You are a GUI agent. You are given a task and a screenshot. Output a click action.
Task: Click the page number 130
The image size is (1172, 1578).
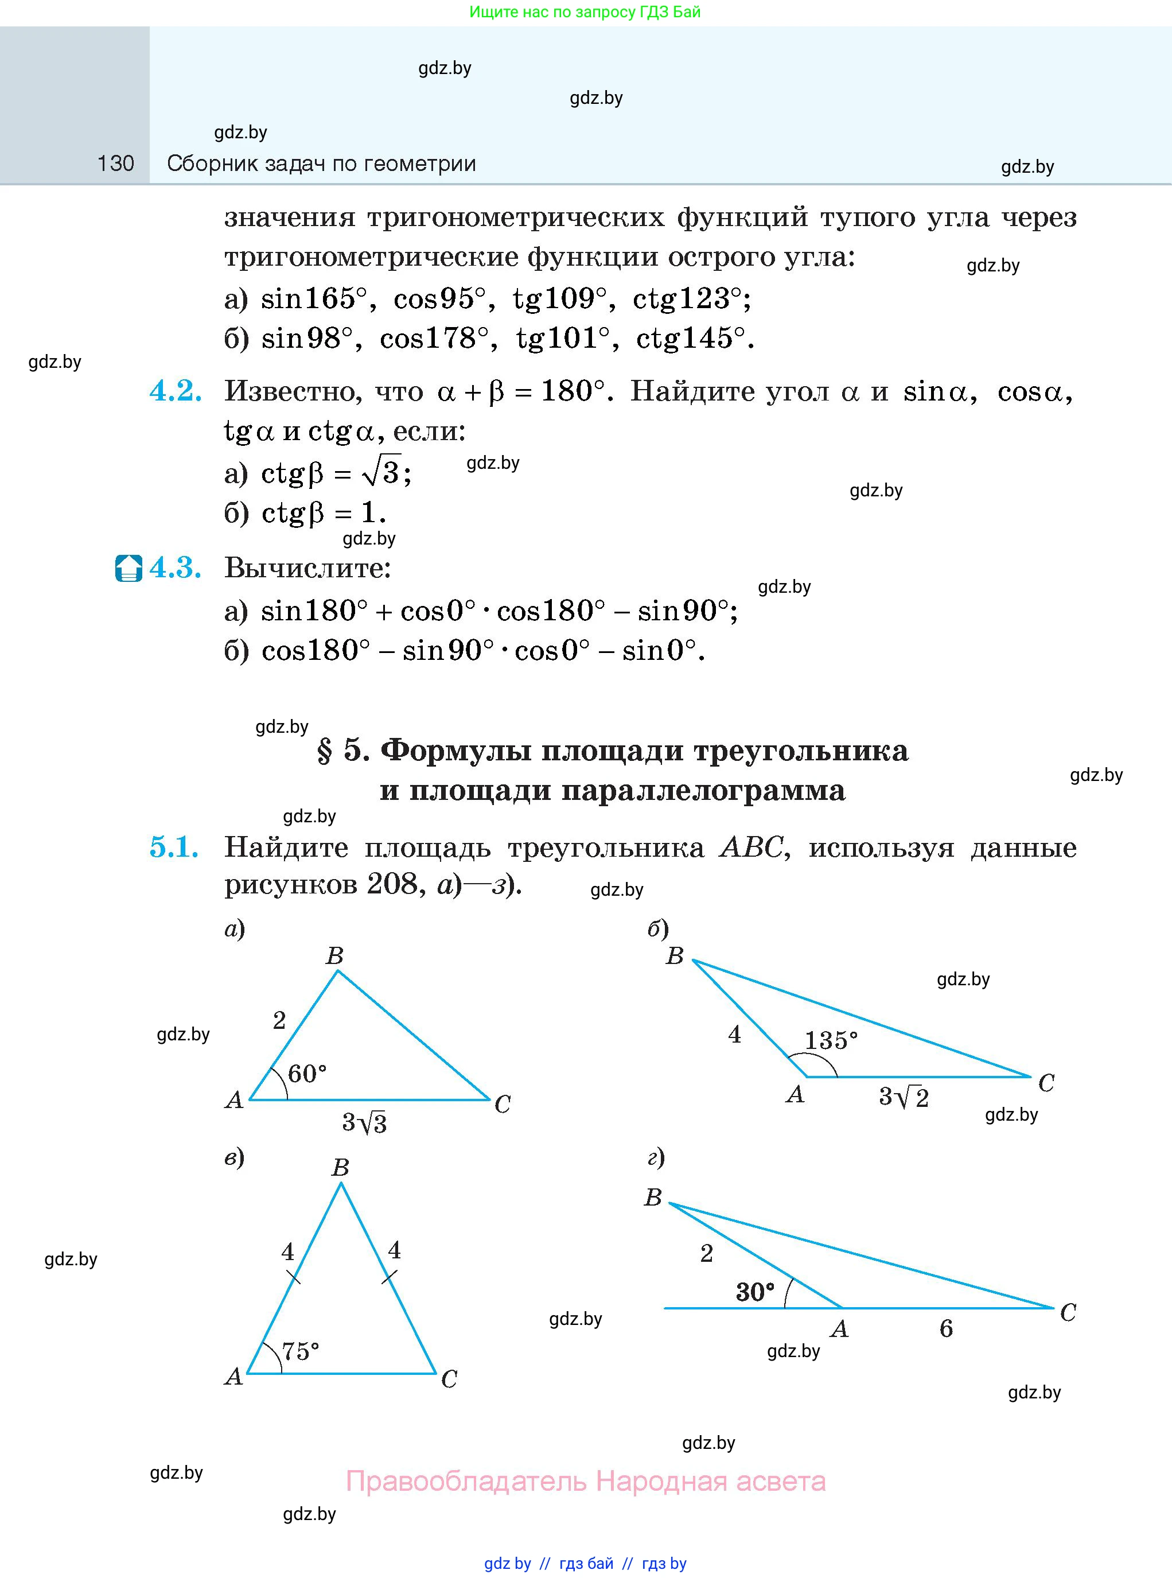click(x=116, y=164)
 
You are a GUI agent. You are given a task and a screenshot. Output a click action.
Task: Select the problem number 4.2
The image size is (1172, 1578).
click(x=175, y=391)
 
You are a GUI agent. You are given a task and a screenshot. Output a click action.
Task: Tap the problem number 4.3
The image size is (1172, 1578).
click(x=175, y=568)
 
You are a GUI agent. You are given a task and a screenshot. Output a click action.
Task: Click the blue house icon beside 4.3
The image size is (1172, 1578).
click(x=129, y=568)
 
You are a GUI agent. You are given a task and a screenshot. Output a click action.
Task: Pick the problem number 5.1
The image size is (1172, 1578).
click(x=174, y=847)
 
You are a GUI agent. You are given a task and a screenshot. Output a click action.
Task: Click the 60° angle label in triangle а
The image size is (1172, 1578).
click(x=307, y=1074)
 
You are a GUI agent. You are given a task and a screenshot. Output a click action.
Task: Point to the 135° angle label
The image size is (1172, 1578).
click(x=831, y=1040)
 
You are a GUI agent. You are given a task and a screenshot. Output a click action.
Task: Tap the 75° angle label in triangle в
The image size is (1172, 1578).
click(x=300, y=1351)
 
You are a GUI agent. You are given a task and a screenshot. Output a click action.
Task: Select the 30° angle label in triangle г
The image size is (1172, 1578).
click(x=755, y=1292)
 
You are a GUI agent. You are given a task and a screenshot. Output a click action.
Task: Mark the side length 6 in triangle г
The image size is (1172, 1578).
click(x=945, y=1328)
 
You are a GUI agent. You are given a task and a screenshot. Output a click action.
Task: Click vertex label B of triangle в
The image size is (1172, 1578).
click(x=341, y=1167)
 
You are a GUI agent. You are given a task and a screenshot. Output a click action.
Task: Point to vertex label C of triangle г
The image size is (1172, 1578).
click(x=1068, y=1313)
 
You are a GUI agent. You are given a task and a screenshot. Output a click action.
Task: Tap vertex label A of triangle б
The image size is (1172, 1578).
click(x=795, y=1095)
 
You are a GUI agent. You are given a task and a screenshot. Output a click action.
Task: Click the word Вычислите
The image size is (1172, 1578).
click(x=308, y=568)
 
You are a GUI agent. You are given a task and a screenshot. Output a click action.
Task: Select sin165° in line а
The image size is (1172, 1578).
click(x=314, y=299)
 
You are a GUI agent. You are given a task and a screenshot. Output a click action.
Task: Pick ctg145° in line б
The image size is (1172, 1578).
click(x=691, y=339)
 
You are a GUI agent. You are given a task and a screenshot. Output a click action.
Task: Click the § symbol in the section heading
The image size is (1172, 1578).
click(x=324, y=751)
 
